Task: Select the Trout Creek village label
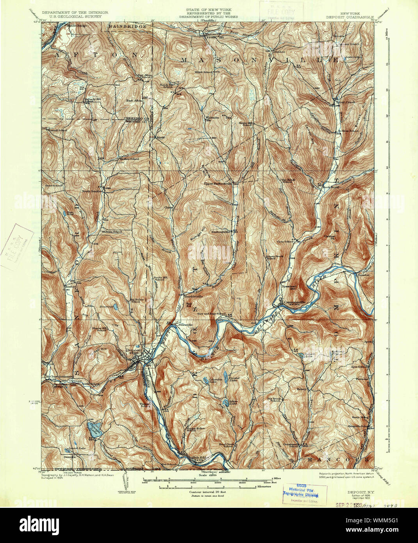pyautogui.click(x=345, y=103)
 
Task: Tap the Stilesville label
pyautogui.click(x=185, y=324)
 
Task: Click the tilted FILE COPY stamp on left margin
pyautogui.click(x=16, y=246)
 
